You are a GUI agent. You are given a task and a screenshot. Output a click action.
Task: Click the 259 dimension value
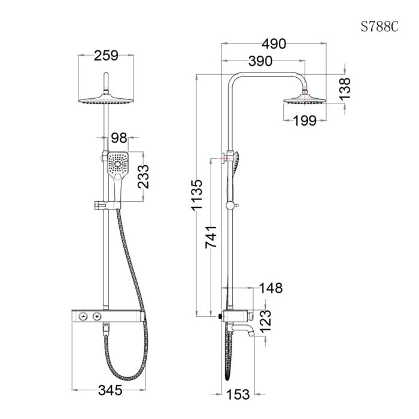click(106, 56)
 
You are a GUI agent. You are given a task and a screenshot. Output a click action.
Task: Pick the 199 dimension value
click(305, 121)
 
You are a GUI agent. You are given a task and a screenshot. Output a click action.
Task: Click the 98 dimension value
click(120, 138)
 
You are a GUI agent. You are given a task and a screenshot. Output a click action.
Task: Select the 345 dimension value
click(110, 390)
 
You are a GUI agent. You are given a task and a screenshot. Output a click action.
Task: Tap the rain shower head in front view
click(106, 101)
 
